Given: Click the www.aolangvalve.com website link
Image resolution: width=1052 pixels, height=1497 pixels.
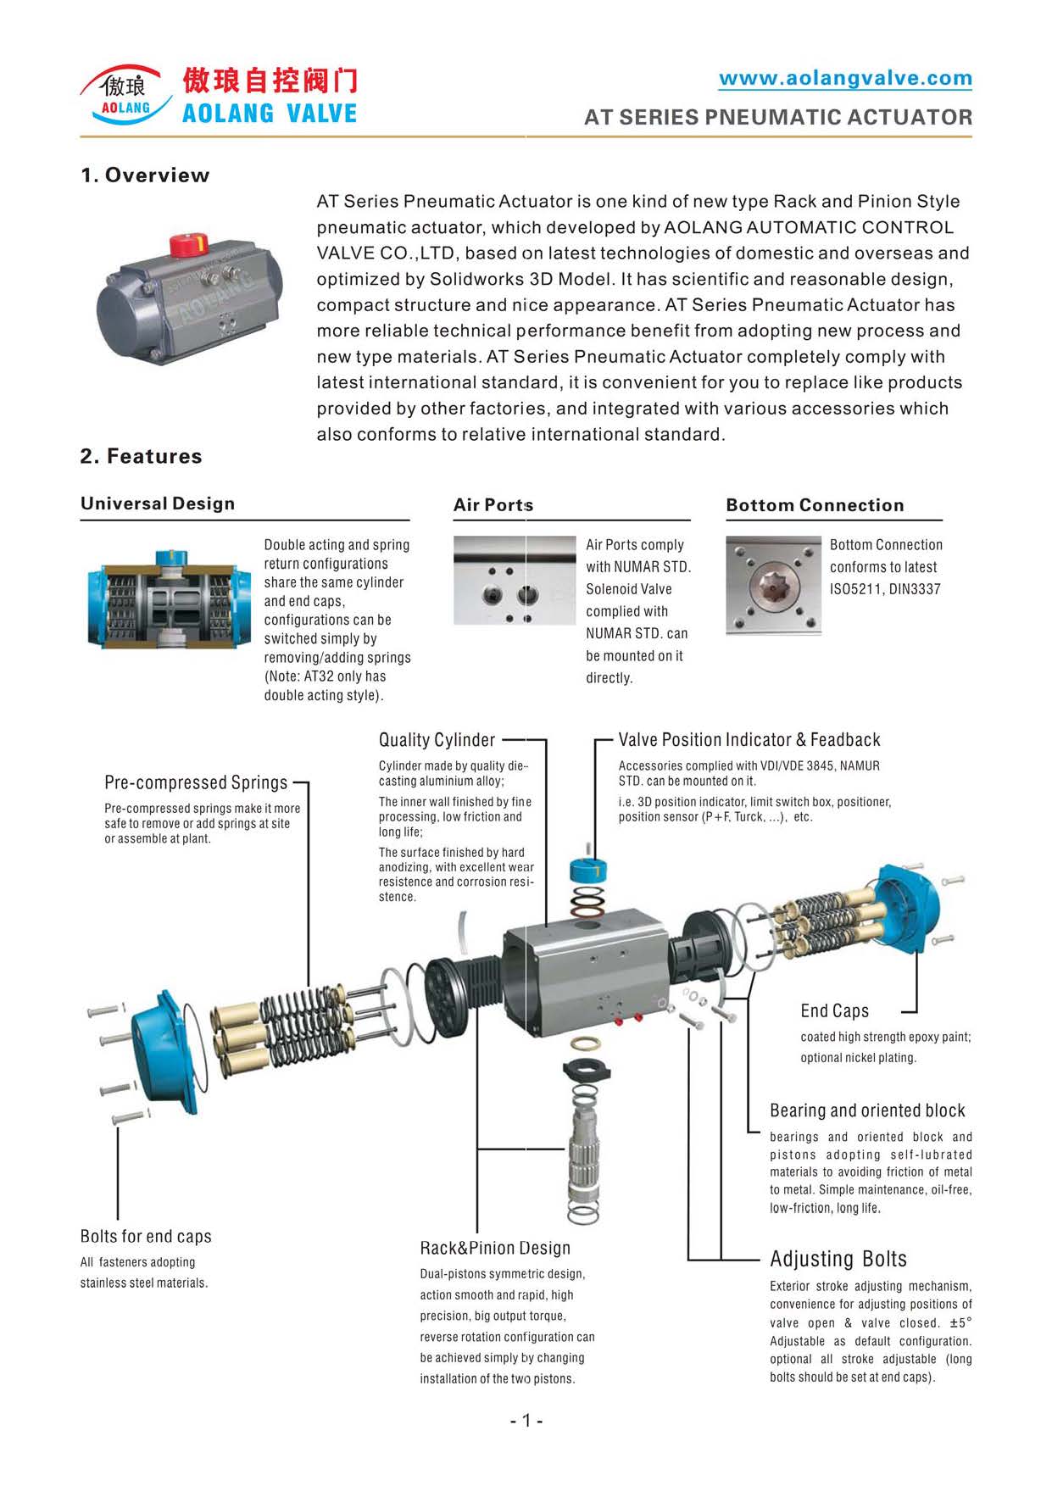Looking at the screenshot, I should click(x=845, y=79).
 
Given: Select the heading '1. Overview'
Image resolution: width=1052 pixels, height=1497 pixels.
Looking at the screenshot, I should click(x=145, y=175).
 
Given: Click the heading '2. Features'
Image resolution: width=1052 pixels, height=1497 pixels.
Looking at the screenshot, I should click(x=142, y=456).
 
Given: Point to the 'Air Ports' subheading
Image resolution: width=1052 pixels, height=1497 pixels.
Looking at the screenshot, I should click(x=493, y=505).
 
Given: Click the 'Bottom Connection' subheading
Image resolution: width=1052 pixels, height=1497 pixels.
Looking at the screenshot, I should click(x=815, y=505).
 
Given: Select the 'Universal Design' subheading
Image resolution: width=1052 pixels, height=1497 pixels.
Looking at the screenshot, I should click(x=158, y=504).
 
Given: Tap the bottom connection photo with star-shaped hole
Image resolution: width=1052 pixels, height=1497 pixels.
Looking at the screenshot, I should click(x=773, y=585).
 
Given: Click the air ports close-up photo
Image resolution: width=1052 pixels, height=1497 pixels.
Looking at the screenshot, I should click(x=515, y=581).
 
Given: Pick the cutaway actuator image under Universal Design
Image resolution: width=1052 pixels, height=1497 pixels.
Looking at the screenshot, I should click(x=169, y=598).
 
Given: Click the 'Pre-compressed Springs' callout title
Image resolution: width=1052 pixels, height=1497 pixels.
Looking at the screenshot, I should click(x=196, y=782).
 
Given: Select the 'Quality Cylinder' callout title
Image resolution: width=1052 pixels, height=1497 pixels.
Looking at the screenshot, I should click(x=437, y=740).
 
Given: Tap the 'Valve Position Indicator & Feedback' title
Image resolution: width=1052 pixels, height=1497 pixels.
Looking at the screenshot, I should click(x=749, y=740).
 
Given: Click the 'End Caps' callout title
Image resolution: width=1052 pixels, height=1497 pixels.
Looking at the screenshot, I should click(x=834, y=1010).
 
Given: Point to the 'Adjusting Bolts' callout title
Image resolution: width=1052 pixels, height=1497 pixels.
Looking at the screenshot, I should click(x=838, y=1259).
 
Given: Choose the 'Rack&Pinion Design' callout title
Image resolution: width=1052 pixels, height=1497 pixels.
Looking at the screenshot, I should click(x=495, y=1248).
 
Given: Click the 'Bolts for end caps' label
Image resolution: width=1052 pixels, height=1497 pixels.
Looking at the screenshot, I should click(x=146, y=1237).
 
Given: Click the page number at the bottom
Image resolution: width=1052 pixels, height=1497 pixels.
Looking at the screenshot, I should click(x=526, y=1421).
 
